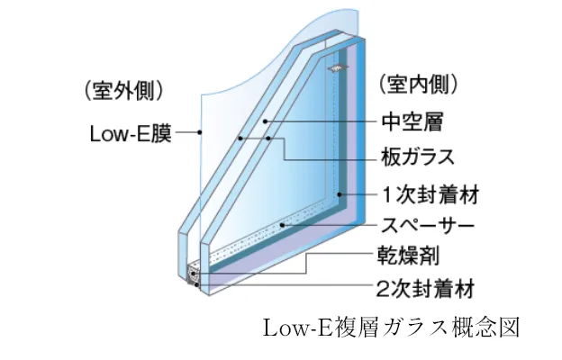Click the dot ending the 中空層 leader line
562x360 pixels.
pyautogui.click(x=265, y=120)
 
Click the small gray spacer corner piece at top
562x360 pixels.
pyautogui.click(x=335, y=67)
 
